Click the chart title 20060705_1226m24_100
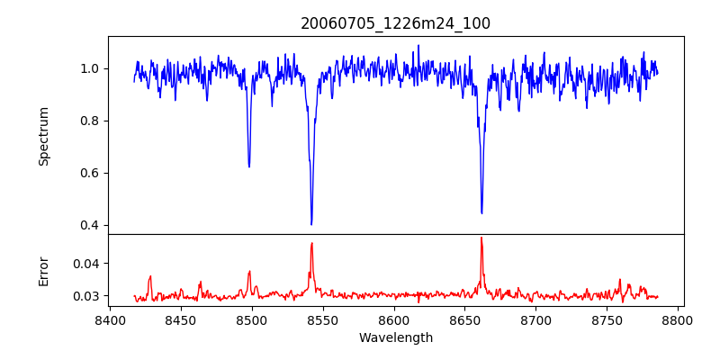395,23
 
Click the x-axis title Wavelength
395,337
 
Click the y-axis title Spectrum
44,136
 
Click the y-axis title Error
44,271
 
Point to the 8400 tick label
110,319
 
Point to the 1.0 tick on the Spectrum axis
91,68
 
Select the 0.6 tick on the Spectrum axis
91,173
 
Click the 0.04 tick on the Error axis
87,264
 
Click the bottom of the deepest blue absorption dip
311,224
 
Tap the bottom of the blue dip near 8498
249,166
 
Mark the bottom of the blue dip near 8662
481,213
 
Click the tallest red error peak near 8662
481,238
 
